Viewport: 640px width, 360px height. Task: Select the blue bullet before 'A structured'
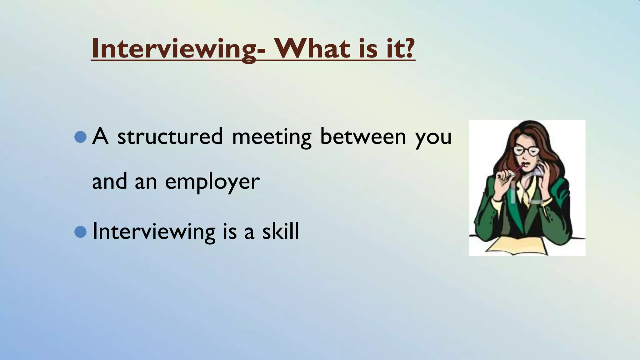[x=81, y=137]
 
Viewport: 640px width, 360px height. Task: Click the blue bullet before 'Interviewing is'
[x=81, y=232]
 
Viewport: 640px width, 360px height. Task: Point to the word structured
[x=170, y=137]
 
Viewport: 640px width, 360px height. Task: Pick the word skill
[x=280, y=231]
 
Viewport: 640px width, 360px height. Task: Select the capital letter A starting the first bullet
[x=100, y=136]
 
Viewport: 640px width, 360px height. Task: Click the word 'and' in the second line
[x=109, y=182]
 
